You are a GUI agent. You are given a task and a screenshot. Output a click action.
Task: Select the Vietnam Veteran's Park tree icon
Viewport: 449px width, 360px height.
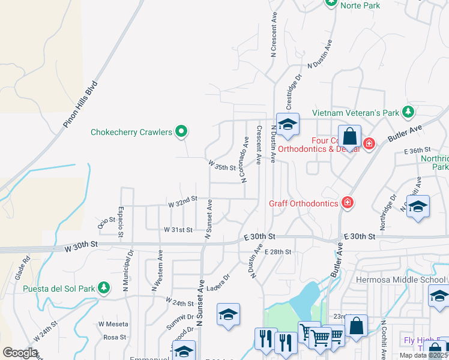click(408, 112)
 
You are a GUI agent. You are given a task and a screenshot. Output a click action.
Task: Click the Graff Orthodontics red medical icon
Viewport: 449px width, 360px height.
click(346, 203)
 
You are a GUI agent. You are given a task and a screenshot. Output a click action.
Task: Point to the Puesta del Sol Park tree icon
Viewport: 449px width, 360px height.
click(104, 289)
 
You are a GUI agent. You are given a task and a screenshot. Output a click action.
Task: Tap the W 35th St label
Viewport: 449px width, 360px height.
click(221, 165)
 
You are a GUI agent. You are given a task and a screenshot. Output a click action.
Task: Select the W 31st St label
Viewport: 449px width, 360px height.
click(178, 230)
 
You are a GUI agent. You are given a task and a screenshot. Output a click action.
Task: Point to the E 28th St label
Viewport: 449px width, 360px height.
click(277, 252)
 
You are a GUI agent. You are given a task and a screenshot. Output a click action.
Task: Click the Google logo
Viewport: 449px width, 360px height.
click(20, 353)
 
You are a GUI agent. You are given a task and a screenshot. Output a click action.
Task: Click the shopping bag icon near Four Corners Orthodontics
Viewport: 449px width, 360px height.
click(349, 138)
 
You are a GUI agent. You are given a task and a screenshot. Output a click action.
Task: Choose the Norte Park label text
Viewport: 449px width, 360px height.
click(360, 5)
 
